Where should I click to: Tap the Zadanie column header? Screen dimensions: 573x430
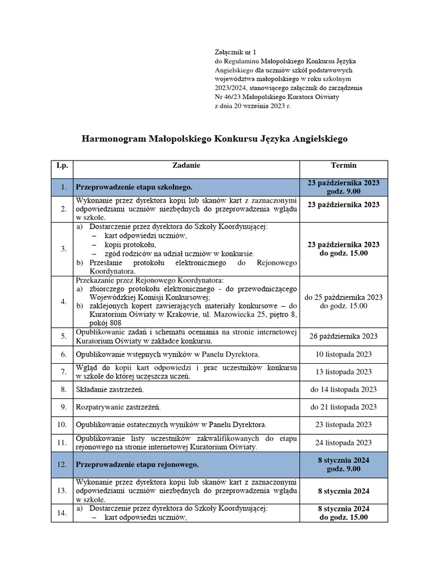(186, 166)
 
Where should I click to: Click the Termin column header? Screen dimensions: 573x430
(343, 166)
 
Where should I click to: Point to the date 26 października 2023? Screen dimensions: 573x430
(343, 336)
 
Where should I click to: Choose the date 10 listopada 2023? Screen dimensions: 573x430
(343, 354)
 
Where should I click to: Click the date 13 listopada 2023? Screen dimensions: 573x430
(343, 372)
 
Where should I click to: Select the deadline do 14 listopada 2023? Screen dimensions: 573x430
(343, 389)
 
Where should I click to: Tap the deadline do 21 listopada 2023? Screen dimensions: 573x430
(343, 407)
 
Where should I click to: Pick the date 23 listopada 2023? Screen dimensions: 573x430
(343, 425)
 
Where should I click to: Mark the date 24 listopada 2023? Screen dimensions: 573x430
(343, 443)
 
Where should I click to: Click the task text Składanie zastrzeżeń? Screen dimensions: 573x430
(110, 389)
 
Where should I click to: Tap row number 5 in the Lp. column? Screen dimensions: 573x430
(63, 336)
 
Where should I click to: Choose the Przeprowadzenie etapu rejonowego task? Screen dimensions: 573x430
(137, 464)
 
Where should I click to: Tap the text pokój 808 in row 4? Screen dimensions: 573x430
(107, 323)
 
